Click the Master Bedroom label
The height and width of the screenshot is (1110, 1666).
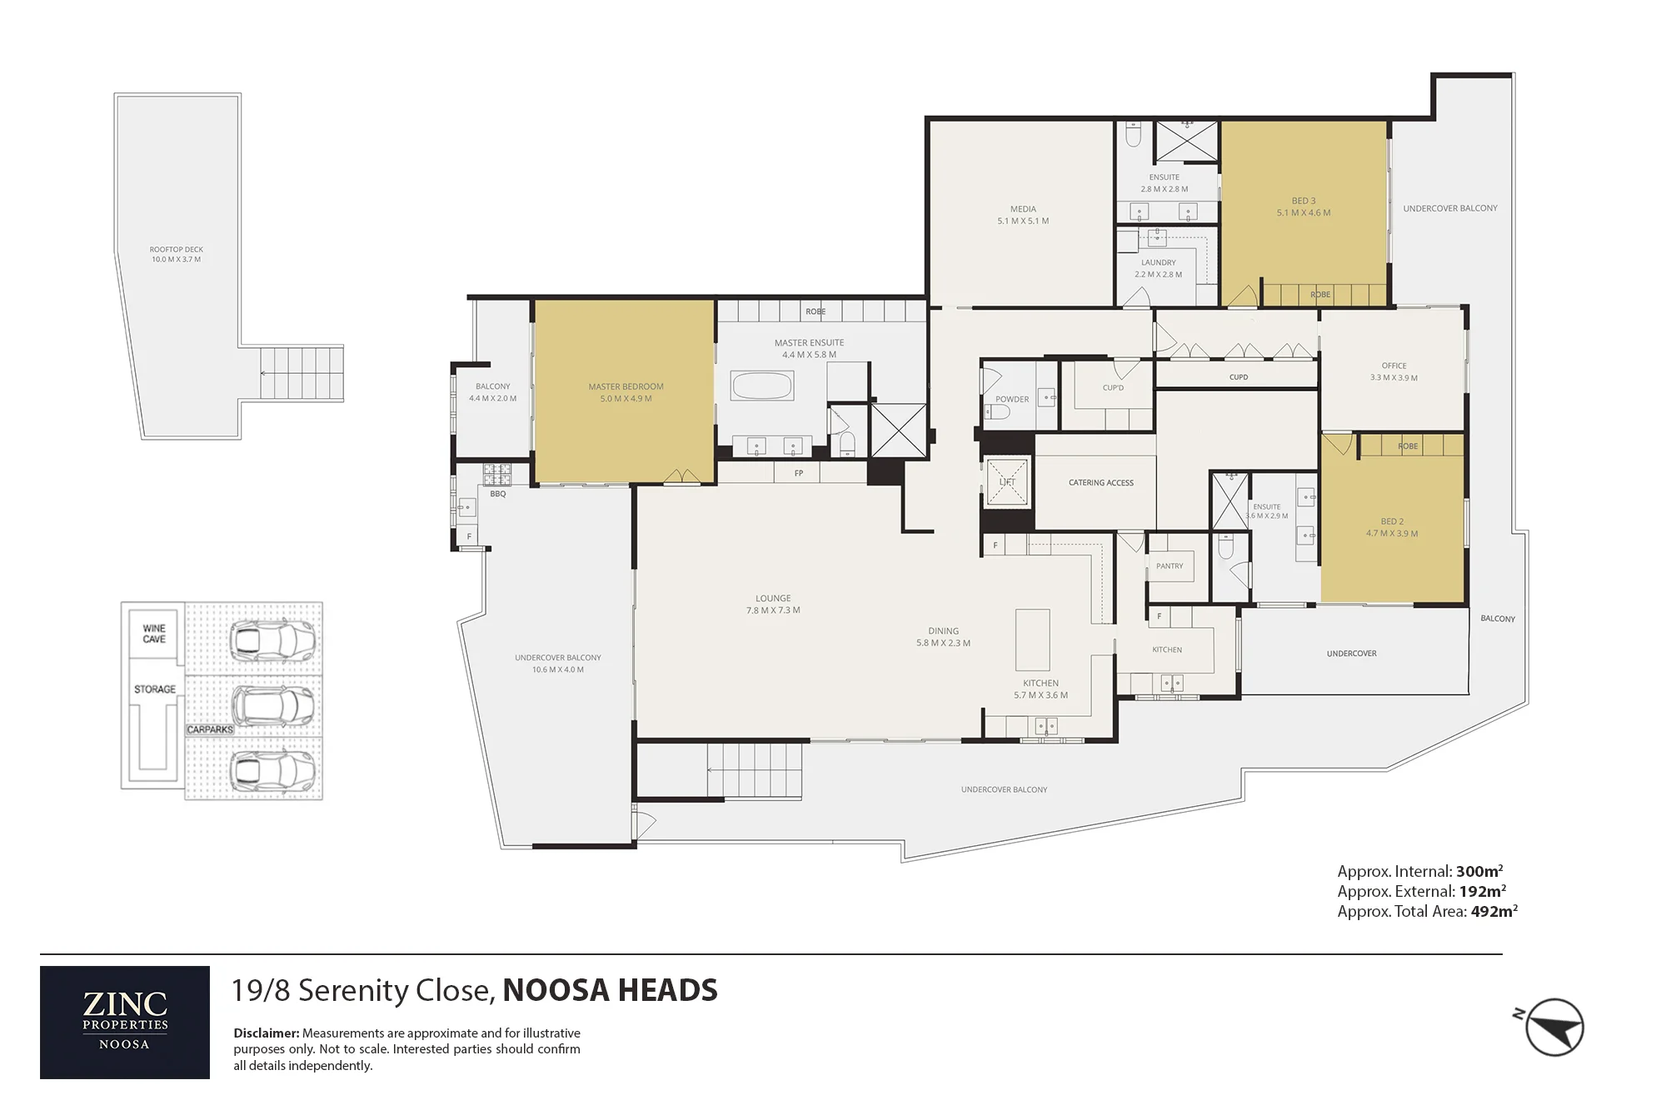tap(626, 386)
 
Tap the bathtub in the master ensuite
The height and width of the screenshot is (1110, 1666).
tap(762, 386)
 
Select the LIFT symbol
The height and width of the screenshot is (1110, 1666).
tap(1007, 482)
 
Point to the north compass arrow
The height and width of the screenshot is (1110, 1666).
tap(1554, 1027)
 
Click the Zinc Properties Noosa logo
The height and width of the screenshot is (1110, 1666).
tap(125, 1022)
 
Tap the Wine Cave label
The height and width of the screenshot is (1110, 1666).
tap(154, 634)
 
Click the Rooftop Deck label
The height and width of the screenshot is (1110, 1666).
tap(177, 249)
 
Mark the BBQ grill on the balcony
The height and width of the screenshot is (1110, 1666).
tap(497, 475)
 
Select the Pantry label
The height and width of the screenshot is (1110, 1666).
tap(1170, 566)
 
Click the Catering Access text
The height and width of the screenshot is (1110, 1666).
tap(1101, 483)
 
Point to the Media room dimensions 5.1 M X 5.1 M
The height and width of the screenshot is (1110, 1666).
tap(1023, 222)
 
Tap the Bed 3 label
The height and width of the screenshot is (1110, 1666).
tap(1304, 201)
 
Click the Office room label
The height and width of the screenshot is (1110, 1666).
tap(1394, 366)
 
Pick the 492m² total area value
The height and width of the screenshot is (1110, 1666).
tap(1494, 911)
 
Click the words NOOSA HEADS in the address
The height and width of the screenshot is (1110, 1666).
tap(610, 990)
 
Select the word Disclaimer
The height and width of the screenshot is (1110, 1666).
tap(266, 1033)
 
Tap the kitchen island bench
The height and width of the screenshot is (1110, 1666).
tap(1033, 640)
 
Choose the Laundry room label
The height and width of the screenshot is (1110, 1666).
tap(1158, 262)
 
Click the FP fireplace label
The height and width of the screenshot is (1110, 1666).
tap(799, 473)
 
